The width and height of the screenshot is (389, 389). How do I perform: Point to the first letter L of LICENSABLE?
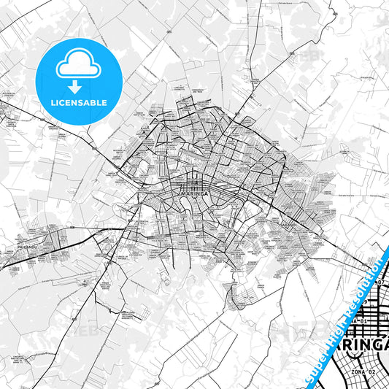[51, 102]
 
